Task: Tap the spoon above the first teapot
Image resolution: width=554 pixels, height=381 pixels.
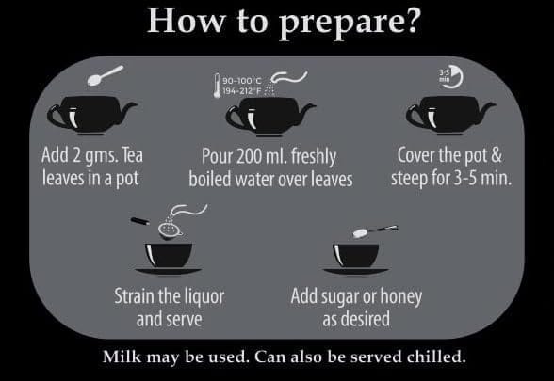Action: tap(106, 75)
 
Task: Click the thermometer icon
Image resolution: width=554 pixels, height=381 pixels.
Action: tap(217, 86)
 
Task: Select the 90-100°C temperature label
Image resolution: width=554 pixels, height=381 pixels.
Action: tap(241, 81)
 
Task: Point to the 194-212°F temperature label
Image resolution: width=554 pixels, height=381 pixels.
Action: tap(241, 91)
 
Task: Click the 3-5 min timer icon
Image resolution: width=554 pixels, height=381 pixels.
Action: tap(450, 76)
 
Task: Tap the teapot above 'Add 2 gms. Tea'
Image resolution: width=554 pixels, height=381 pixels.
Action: tap(91, 115)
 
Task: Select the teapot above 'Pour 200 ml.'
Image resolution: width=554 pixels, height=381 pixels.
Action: tap(270, 117)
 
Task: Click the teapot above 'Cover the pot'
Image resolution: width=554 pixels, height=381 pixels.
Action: tap(450, 115)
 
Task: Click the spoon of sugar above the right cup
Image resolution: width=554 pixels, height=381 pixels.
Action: tap(375, 231)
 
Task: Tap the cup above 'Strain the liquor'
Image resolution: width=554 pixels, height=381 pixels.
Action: tap(169, 259)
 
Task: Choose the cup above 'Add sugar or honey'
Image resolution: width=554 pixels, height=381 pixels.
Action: tap(356, 259)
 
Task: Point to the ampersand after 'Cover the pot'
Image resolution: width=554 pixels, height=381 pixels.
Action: tap(496, 155)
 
